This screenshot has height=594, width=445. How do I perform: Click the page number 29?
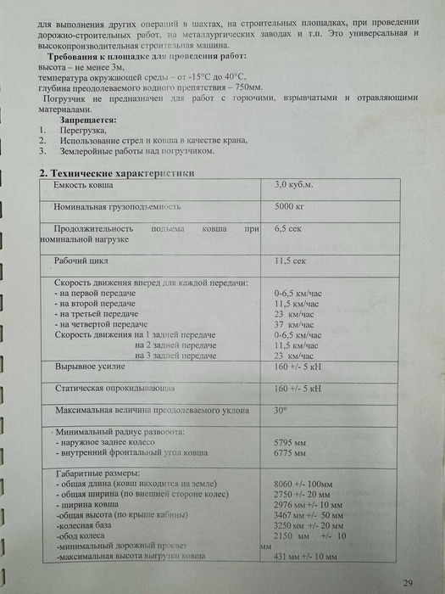(x=409, y=582)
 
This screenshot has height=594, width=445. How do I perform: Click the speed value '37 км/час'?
(x=290, y=325)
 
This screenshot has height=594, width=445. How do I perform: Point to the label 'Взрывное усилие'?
(x=90, y=368)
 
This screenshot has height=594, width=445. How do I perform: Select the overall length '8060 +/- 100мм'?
(x=303, y=483)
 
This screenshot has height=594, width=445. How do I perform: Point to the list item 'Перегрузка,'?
(x=83, y=132)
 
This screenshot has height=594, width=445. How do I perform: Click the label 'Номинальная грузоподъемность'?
(x=118, y=207)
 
